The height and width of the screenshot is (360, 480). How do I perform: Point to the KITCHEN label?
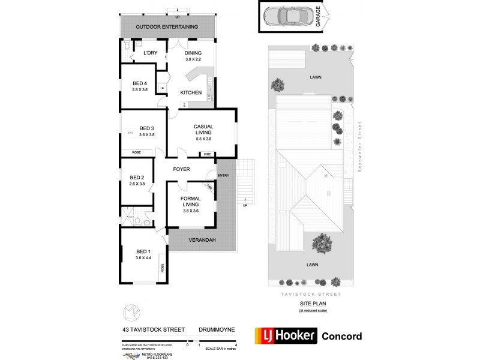(191, 92)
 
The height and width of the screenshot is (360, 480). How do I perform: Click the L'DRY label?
(150, 53)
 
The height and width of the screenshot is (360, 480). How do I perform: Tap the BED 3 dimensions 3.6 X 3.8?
(147, 134)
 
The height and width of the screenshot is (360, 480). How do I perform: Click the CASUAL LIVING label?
(204, 126)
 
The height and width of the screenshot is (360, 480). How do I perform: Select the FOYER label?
(181, 169)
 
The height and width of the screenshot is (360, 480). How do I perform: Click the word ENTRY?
(223, 175)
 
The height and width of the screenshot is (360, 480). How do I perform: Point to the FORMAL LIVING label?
(190, 198)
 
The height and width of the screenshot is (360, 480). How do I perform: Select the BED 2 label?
(137, 177)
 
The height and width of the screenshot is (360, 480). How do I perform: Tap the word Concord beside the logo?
(342, 336)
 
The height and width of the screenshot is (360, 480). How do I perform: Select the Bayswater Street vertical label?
(360, 147)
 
